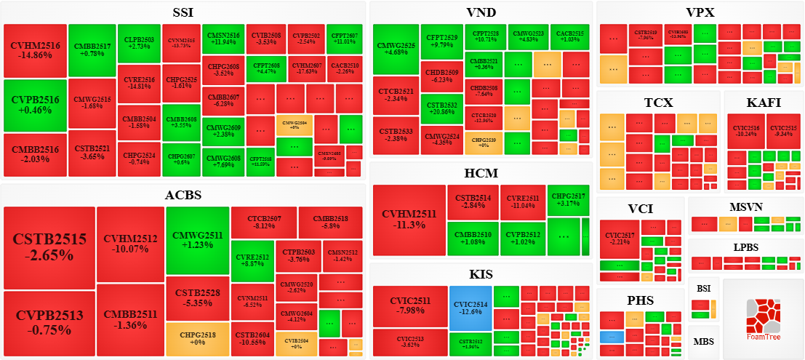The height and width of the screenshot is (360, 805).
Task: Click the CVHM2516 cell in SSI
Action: click(35, 50)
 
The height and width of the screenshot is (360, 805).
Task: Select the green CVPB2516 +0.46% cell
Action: click(35, 105)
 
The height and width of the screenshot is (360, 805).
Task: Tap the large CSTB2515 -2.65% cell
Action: click(49, 247)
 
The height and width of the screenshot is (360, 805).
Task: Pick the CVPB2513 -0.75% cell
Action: click(49, 322)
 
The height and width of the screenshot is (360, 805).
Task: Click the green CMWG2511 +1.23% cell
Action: click(197, 240)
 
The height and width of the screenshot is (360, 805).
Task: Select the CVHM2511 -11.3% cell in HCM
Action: click(409, 220)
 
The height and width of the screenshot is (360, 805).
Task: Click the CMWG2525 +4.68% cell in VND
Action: click(396, 49)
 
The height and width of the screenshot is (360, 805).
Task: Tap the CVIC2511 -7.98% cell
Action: click(410, 305)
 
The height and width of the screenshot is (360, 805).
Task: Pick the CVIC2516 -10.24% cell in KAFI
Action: click(745, 131)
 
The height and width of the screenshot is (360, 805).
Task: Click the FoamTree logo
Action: click(763, 318)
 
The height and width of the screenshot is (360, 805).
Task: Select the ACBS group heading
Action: click(183, 195)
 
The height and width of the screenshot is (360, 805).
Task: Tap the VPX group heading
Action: click(700, 12)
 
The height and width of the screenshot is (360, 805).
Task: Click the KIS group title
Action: click(481, 274)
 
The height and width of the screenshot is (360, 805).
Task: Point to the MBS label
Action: click(703, 342)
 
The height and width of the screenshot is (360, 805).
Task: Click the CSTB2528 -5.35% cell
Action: click(197, 297)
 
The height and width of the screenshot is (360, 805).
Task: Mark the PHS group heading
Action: click(640, 300)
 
